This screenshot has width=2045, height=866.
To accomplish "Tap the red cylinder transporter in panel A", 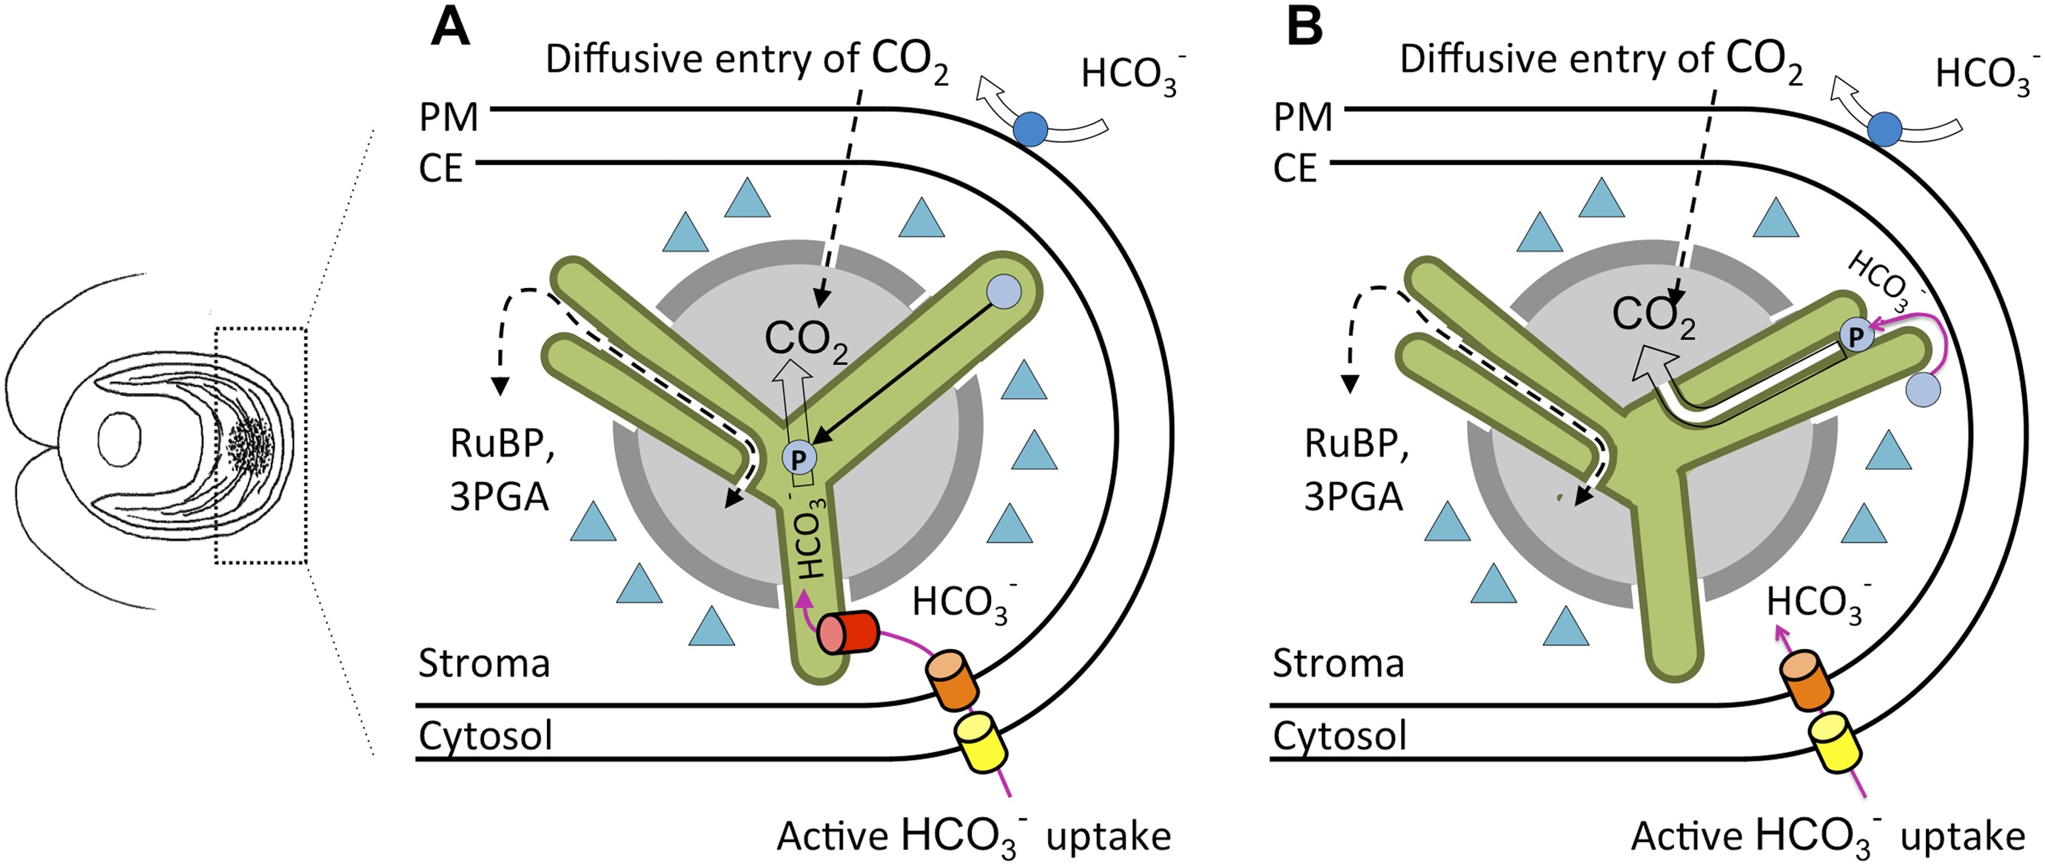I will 848,633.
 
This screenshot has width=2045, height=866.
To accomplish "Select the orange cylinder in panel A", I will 949,679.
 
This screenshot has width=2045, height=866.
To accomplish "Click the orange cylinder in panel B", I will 1805,679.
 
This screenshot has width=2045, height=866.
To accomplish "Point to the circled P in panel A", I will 799,458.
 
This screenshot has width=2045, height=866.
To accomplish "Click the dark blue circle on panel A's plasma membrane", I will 1031,130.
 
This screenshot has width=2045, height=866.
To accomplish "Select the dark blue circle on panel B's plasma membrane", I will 1884,130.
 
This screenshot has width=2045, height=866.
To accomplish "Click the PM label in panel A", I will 449,118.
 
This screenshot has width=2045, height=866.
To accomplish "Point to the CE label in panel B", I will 1295,169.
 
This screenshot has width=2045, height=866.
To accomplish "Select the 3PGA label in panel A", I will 500,497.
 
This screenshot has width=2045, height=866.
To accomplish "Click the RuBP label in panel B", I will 1356,443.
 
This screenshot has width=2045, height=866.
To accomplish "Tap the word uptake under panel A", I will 1108,836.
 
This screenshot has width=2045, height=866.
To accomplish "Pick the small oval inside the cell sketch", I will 119,438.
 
